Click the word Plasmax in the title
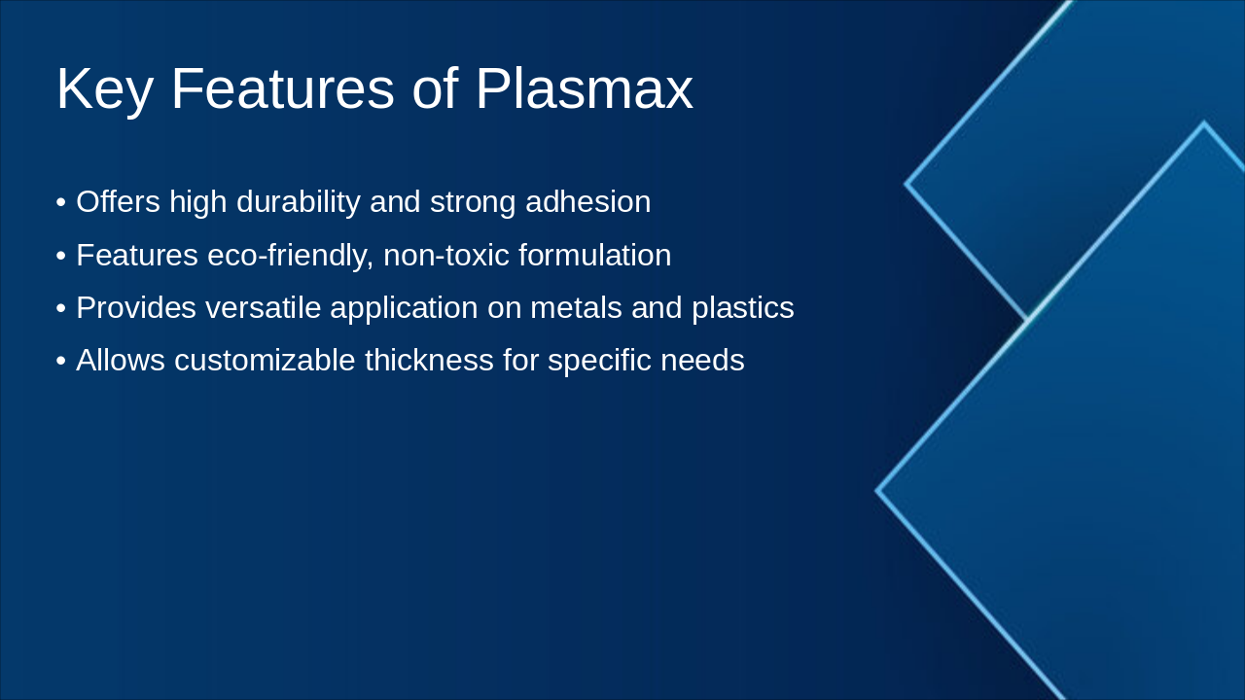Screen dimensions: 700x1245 [584, 89]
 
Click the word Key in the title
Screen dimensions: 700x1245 [104, 89]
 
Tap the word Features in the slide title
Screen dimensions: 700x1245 [282, 89]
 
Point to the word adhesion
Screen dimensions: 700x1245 [587, 202]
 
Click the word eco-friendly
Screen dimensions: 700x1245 [290, 256]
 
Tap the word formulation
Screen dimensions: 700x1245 [594, 256]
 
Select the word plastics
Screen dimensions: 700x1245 [742, 308]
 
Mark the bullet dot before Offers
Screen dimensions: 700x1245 [60, 203]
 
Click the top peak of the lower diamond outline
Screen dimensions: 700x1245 [1203, 123]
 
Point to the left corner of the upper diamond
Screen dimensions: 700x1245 [907, 183]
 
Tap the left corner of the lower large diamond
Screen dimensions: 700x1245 [877, 491]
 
